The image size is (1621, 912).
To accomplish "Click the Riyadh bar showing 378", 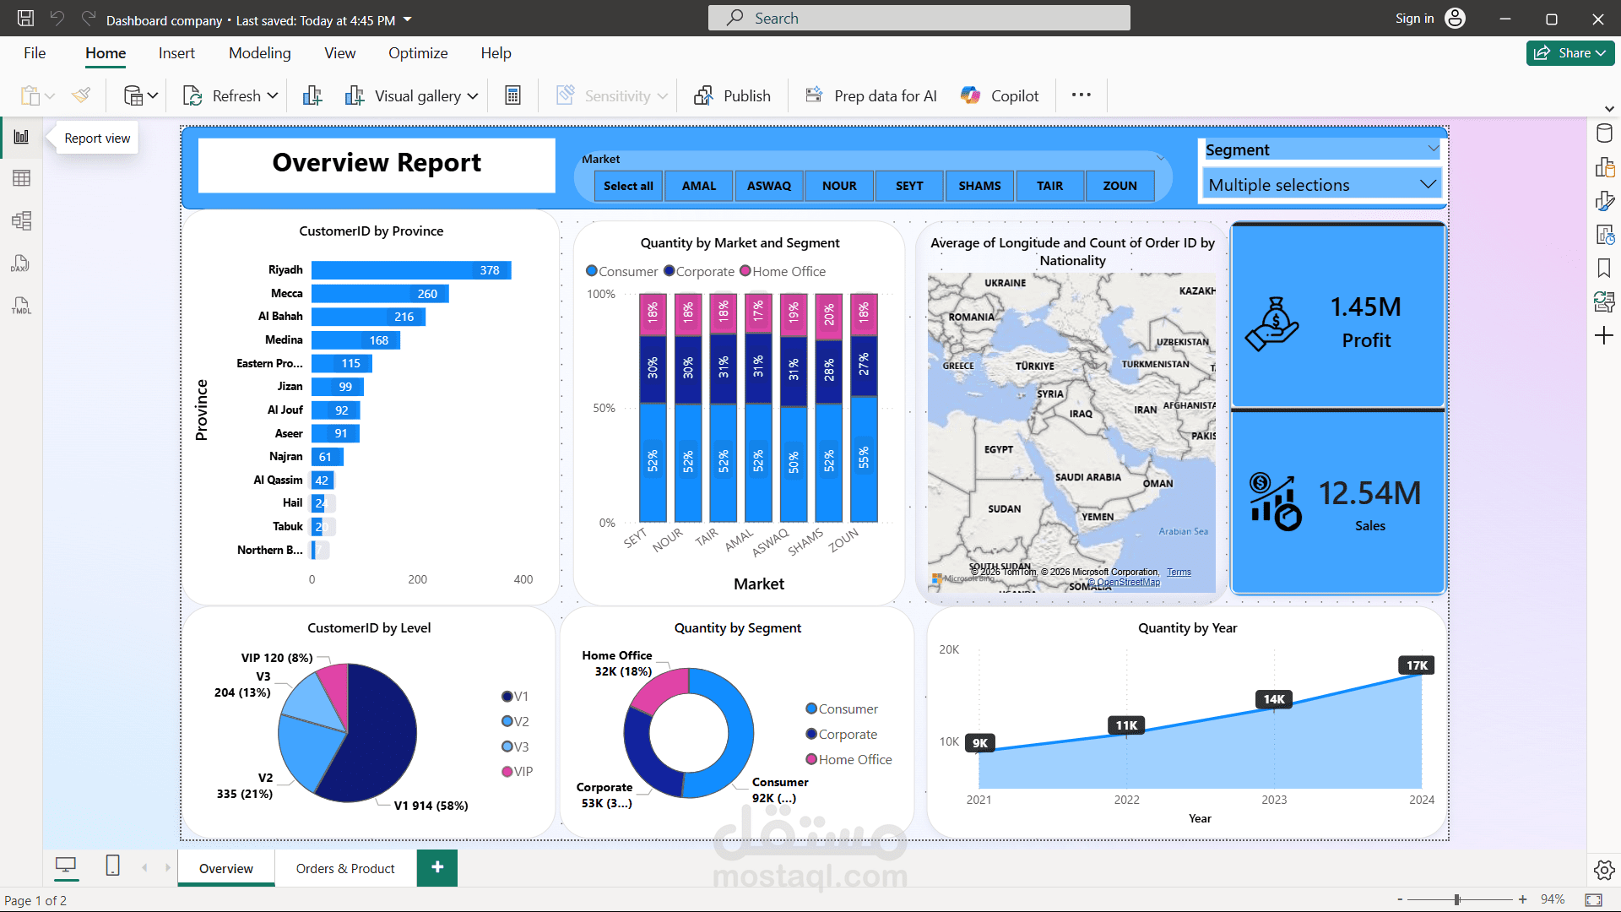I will pos(410,270).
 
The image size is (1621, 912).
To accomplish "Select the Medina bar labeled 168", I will pos(355,340).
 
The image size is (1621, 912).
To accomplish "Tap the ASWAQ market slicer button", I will pos(768,186).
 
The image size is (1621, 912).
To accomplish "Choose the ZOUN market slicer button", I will pos(1120,186).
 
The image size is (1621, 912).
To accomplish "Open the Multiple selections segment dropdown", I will pos(1320,185).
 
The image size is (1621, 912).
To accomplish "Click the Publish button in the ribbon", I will pos(732,96).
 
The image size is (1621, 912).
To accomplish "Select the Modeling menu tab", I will pos(259,53).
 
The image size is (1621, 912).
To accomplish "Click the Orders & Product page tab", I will pos(345,868).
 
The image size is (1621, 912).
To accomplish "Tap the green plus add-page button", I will pos(437,867).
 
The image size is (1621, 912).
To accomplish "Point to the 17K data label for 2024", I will pos(1417,665).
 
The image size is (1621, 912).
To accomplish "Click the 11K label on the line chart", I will pos(1126,725).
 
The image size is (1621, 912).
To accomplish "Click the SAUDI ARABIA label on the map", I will pos(1087,477).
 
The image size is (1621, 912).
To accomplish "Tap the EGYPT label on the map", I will pos(998,449).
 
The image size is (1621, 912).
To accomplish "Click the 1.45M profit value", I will pos(1365,307).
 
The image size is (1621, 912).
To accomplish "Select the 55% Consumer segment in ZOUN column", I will pos(864,459).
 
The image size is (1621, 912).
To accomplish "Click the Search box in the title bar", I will pos(919,19).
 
